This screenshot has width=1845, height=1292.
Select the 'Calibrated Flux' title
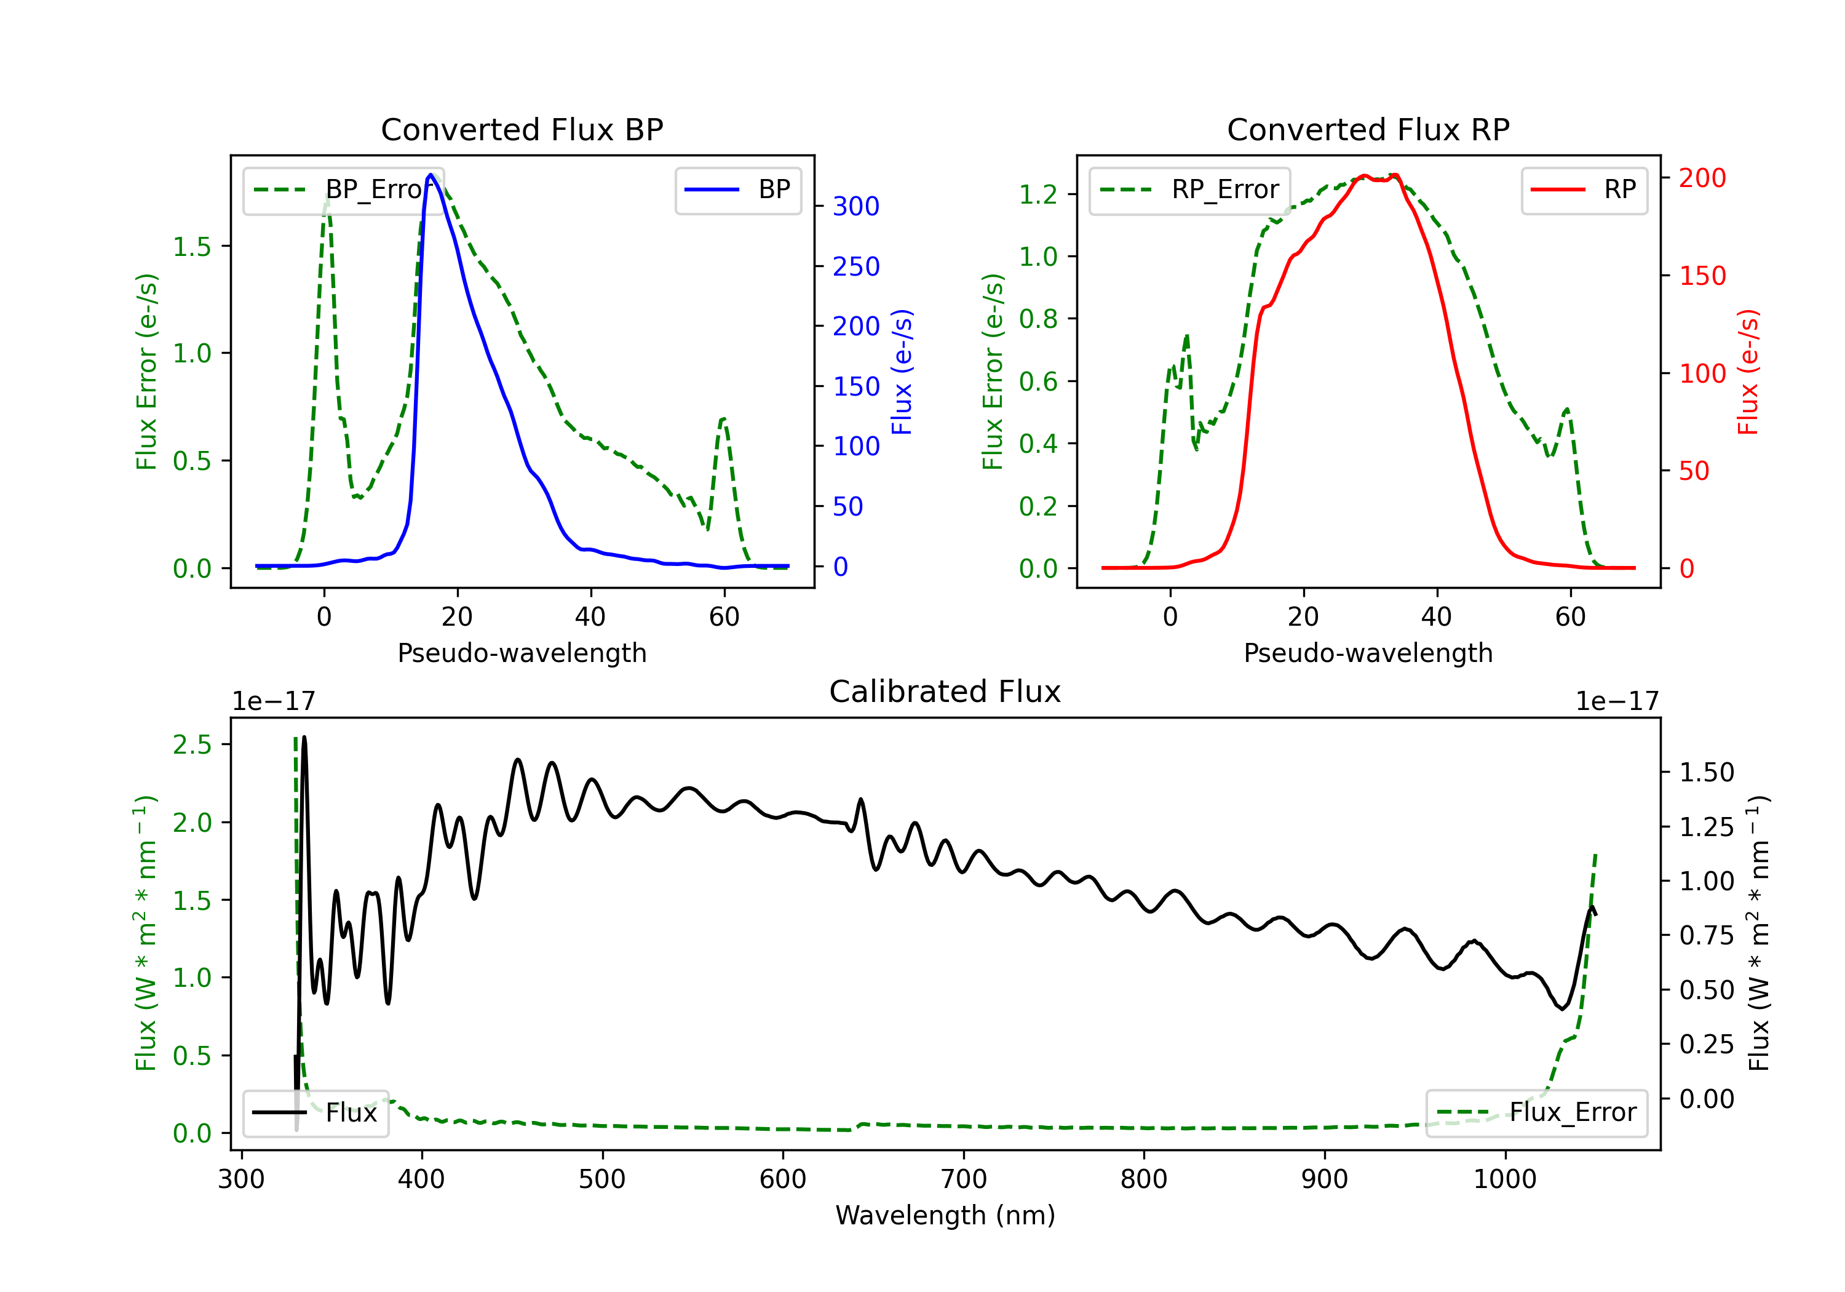tap(945, 692)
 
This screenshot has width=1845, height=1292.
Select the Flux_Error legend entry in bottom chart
tap(1536, 1113)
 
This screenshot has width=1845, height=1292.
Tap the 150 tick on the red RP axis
tap(1702, 276)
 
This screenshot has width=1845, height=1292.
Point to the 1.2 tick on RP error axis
tap(1038, 194)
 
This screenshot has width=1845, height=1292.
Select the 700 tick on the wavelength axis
tap(964, 1179)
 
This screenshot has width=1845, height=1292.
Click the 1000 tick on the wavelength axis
tap(1505, 1179)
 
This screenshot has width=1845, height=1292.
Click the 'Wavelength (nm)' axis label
tap(945, 1216)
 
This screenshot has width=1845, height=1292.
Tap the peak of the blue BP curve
tap(430, 175)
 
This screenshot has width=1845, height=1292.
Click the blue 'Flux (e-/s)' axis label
tap(902, 372)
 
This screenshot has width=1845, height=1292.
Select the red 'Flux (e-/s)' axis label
tap(1748, 372)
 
